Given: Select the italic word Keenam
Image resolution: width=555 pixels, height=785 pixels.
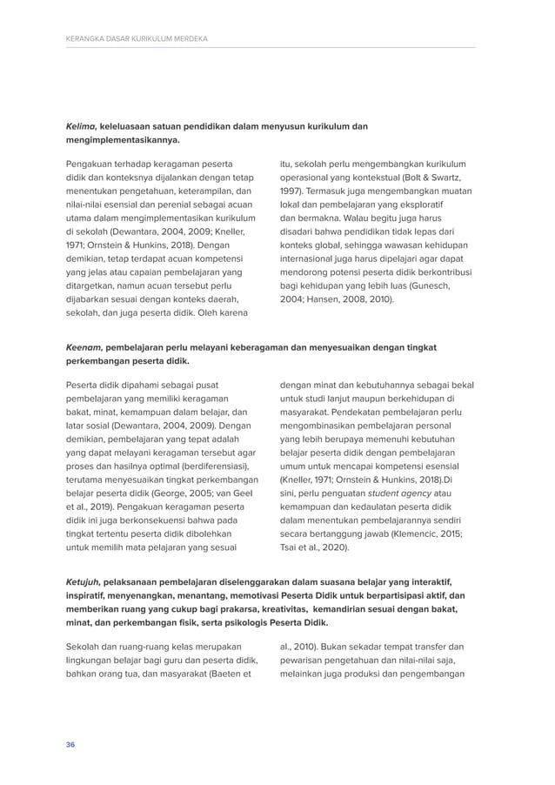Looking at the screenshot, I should pos(83,346).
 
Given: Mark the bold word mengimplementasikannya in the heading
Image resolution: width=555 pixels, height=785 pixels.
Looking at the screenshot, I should pos(123,140).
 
